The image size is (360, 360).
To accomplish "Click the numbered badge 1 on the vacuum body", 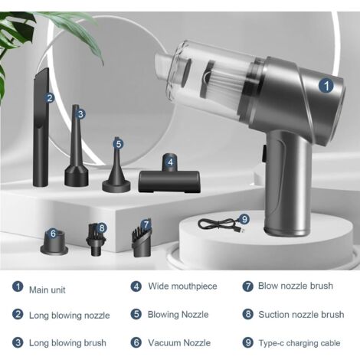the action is (x=326, y=86).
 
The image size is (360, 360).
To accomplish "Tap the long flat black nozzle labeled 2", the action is (x=41, y=128).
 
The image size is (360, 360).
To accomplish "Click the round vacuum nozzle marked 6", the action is (x=54, y=242).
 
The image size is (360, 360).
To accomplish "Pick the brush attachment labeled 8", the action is (x=96, y=240).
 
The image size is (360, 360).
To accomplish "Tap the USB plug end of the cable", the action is (x=241, y=231).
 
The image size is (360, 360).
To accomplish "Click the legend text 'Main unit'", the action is (x=47, y=290).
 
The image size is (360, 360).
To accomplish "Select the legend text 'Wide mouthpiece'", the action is (x=182, y=286).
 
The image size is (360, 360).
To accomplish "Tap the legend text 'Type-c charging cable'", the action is (x=299, y=343).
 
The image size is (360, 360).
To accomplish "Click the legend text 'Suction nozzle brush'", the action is (x=301, y=315).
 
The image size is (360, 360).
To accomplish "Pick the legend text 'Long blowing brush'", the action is (x=67, y=343).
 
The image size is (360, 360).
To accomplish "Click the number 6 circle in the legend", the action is (x=136, y=342).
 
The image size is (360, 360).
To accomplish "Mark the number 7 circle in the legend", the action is (x=247, y=286).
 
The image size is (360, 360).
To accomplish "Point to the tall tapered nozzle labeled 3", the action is (x=76, y=146).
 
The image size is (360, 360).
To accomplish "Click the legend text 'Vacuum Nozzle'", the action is (x=179, y=342).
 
